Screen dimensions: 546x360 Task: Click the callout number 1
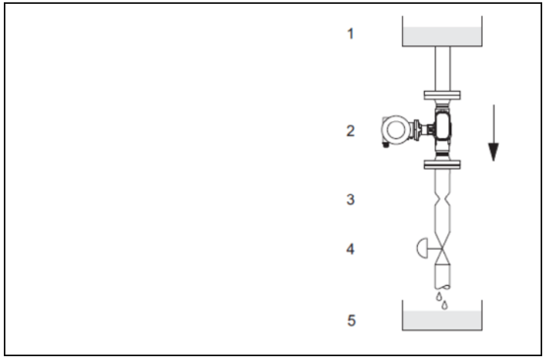[x=350, y=34]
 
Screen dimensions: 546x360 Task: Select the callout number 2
[x=350, y=131]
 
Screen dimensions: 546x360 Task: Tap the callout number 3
[x=350, y=199]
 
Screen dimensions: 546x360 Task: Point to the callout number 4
[x=350, y=250]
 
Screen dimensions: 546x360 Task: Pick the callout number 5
[x=351, y=321]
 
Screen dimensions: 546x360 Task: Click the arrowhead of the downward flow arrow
[x=493, y=152]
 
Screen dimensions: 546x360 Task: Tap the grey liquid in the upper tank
[x=443, y=36]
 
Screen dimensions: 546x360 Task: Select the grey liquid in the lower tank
[x=443, y=321]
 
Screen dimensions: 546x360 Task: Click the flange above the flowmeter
[x=443, y=95]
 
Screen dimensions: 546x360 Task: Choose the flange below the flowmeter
[x=443, y=165]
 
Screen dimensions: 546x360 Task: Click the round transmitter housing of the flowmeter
[x=395, y=129]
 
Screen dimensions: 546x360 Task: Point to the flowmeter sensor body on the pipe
[x=443, y=128]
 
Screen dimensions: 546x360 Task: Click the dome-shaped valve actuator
[x=423, y=249]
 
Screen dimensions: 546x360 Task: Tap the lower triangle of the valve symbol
[x=443, y=257]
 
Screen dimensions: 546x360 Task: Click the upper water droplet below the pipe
[x=439, y=297]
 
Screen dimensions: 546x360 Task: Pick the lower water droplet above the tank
[x=444, y=306]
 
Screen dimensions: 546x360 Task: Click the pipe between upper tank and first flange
[x=443, y=69]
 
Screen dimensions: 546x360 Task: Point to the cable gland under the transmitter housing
[x=385, y=144]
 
